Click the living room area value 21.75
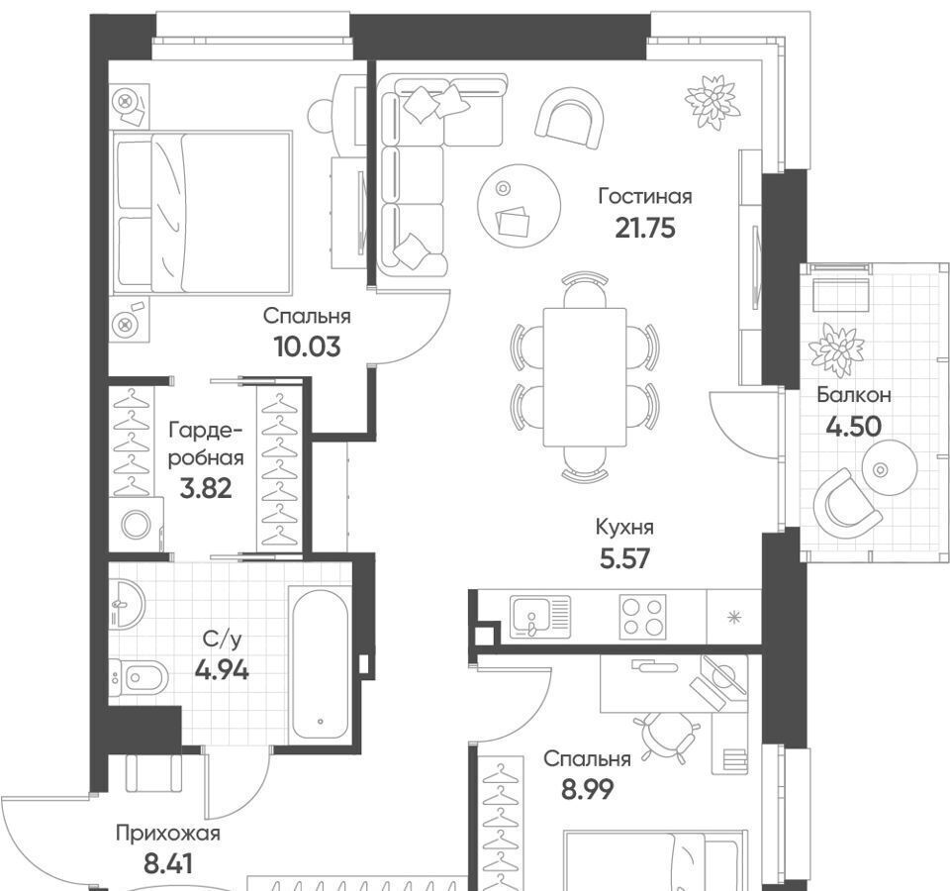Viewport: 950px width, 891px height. pos(644,229)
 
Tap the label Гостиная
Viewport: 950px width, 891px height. pos(645,196)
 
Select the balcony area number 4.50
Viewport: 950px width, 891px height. pos(854,427)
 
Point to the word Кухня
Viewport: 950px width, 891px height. pos(624,528)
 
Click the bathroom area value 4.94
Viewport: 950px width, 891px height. pos(222,670)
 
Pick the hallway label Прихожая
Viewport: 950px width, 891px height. pos(168,834)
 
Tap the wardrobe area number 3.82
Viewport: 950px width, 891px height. pos(206,488)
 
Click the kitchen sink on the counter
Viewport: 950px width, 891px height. pos(540,616)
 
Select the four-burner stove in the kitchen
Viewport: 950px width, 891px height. pos(642,617)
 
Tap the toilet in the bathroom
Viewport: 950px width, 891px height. pos(139,676)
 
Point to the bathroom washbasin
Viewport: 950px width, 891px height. pos(128,604)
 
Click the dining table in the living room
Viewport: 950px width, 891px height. pos(585,377)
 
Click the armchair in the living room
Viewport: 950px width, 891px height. pos(570,118)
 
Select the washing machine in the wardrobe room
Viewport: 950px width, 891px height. pos(137,525)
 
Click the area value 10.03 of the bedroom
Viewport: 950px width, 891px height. pos(307,347)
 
